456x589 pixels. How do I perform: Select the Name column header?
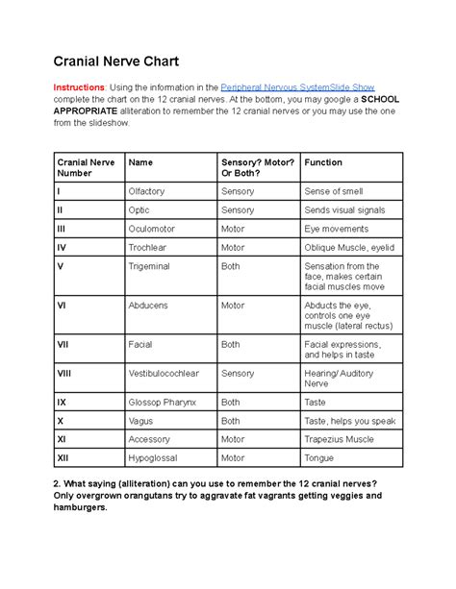coord(140,162)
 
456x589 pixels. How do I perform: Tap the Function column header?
coord(323,162)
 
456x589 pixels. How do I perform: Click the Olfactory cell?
coord(148,191)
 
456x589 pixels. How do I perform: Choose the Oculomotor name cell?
coord(153,229)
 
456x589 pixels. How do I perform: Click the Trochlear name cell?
coord(148,247)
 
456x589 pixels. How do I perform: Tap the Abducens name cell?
coord(148,306)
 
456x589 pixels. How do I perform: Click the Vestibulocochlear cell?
coord(164,372)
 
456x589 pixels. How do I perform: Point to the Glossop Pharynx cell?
coord(163,403)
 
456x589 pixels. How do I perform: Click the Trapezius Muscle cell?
coord(342,439)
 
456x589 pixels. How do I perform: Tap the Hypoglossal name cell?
coord(155,458)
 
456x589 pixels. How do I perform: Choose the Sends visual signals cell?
coord(344,209)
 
